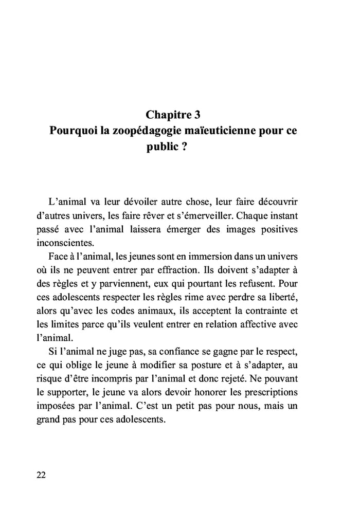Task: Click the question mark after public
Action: pos(184,148)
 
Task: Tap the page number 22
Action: pos(42,475)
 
